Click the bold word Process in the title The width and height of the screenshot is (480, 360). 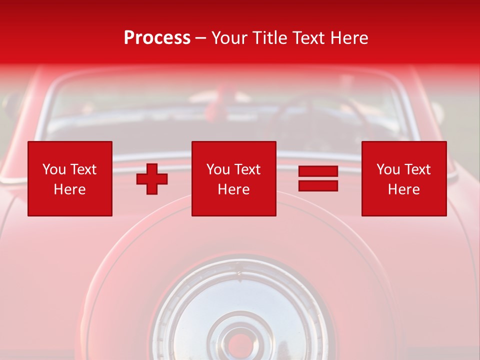157,38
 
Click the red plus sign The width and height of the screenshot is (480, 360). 152,179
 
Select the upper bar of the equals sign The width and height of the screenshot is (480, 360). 318,171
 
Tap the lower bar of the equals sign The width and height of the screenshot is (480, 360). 318,186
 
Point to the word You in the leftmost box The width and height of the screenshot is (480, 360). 53,169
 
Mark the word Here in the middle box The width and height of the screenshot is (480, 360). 233,189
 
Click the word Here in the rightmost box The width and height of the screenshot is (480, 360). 403,189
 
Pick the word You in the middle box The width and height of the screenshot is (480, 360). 217,169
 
